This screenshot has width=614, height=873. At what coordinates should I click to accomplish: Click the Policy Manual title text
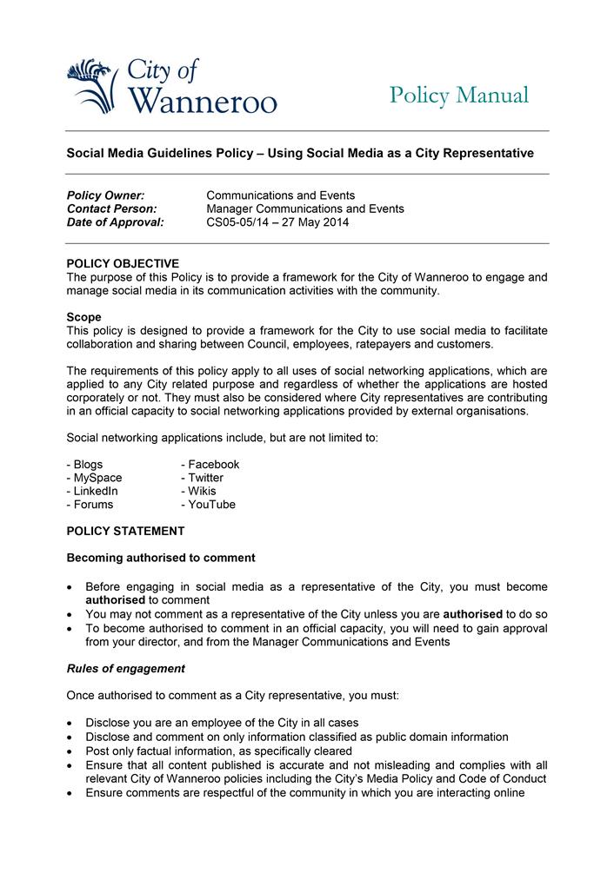[458, 95]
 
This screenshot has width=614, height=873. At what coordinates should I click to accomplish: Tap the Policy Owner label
[105, 195]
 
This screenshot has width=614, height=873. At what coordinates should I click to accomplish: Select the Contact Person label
[111, 208]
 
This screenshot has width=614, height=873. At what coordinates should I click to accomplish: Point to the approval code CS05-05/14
[240, 222]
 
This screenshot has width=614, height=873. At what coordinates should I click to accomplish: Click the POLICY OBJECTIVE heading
[123, 263]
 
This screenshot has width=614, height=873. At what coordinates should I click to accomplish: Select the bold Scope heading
[84, 317]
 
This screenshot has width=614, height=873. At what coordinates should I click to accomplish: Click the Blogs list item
[84, 465]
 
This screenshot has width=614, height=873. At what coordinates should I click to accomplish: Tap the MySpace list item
[94, 478]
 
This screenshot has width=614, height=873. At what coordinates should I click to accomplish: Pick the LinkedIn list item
[91, 491]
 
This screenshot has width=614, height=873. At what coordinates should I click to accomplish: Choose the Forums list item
[90, 504]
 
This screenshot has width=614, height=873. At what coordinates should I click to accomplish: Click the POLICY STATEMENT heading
[125, 531]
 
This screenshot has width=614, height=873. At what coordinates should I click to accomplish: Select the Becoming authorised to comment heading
[161, 558]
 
